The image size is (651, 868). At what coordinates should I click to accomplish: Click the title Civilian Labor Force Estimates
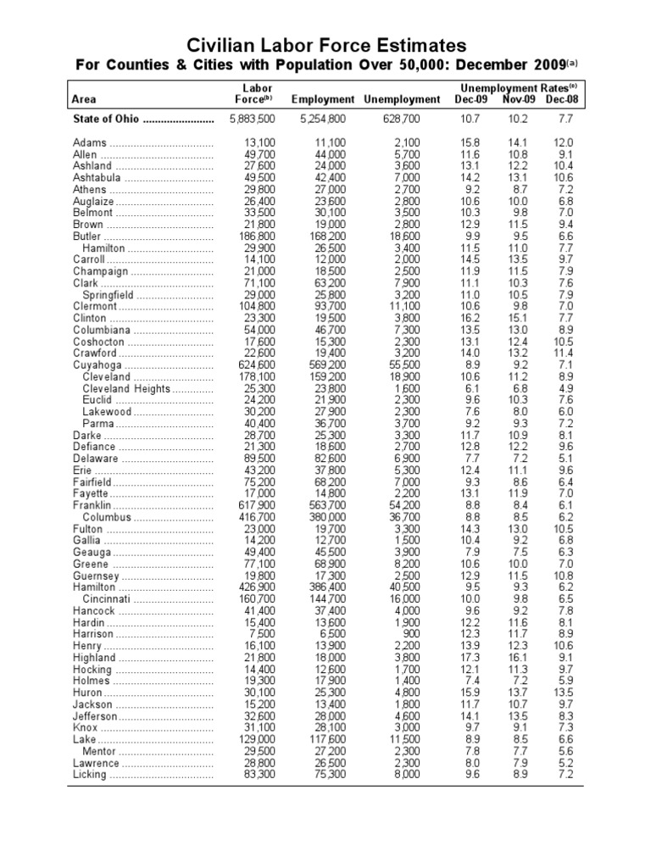pyautogui.click(x=325, y=45)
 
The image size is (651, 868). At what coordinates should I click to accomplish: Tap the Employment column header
pyautogui.click(x=323, y=100)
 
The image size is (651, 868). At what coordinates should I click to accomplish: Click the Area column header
pyautogui.click(x=86, y=100)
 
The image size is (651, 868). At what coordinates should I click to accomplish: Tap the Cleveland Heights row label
pyautogui.click(x=126, y=388)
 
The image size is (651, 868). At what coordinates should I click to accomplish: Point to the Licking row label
pyautogui.click(x=90, y=775)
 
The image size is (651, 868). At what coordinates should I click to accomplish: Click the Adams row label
pyautogui.click(x=90, y=142)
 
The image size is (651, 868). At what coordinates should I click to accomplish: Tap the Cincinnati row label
pyautogui.click(x=111, y=598)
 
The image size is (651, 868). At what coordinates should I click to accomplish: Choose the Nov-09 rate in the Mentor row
pyautogui.click(x=519, y=751)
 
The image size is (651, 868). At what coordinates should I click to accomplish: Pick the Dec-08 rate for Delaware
pyautogui.click(x=565, y=459)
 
